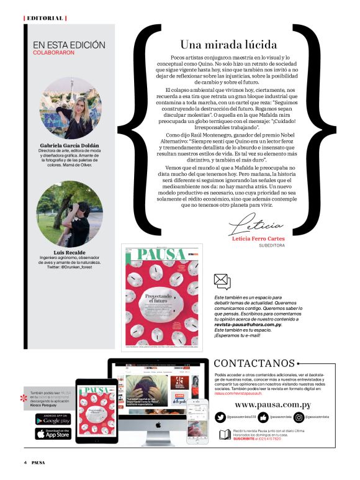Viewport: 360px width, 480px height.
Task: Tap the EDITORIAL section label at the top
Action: tap(45, 18)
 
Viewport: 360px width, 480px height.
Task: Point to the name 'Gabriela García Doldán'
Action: tap(68, 146)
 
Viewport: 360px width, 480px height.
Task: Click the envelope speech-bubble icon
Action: tap(222, 281)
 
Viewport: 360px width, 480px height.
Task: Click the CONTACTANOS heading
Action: tap(253, 363)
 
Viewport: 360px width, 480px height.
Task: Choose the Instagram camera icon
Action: tap(298, 417)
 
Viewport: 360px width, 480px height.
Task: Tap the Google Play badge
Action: tap(53, 419)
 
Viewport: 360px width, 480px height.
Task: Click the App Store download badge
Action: tap(53, 434)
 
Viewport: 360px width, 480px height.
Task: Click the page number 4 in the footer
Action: tap(25, 463)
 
